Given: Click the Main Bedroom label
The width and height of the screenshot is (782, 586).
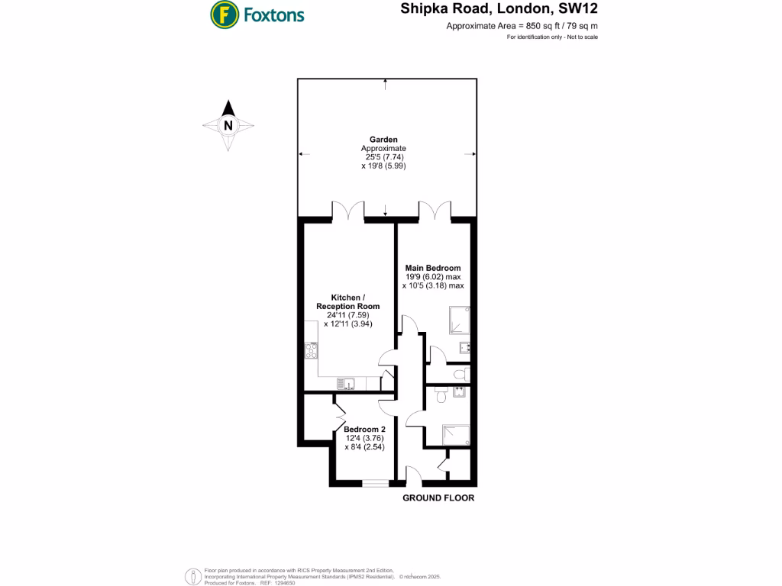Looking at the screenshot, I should click(433, 268).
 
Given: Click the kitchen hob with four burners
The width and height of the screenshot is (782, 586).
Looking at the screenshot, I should click(312, 350).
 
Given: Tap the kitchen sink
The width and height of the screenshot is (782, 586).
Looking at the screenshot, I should click(344, 383).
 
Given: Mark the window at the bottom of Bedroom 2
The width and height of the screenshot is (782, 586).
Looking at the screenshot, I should click(375, 482).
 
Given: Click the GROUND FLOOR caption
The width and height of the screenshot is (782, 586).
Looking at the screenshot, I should click(438, 497).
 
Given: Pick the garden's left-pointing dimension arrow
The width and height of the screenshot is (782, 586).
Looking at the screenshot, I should click(304, 154).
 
